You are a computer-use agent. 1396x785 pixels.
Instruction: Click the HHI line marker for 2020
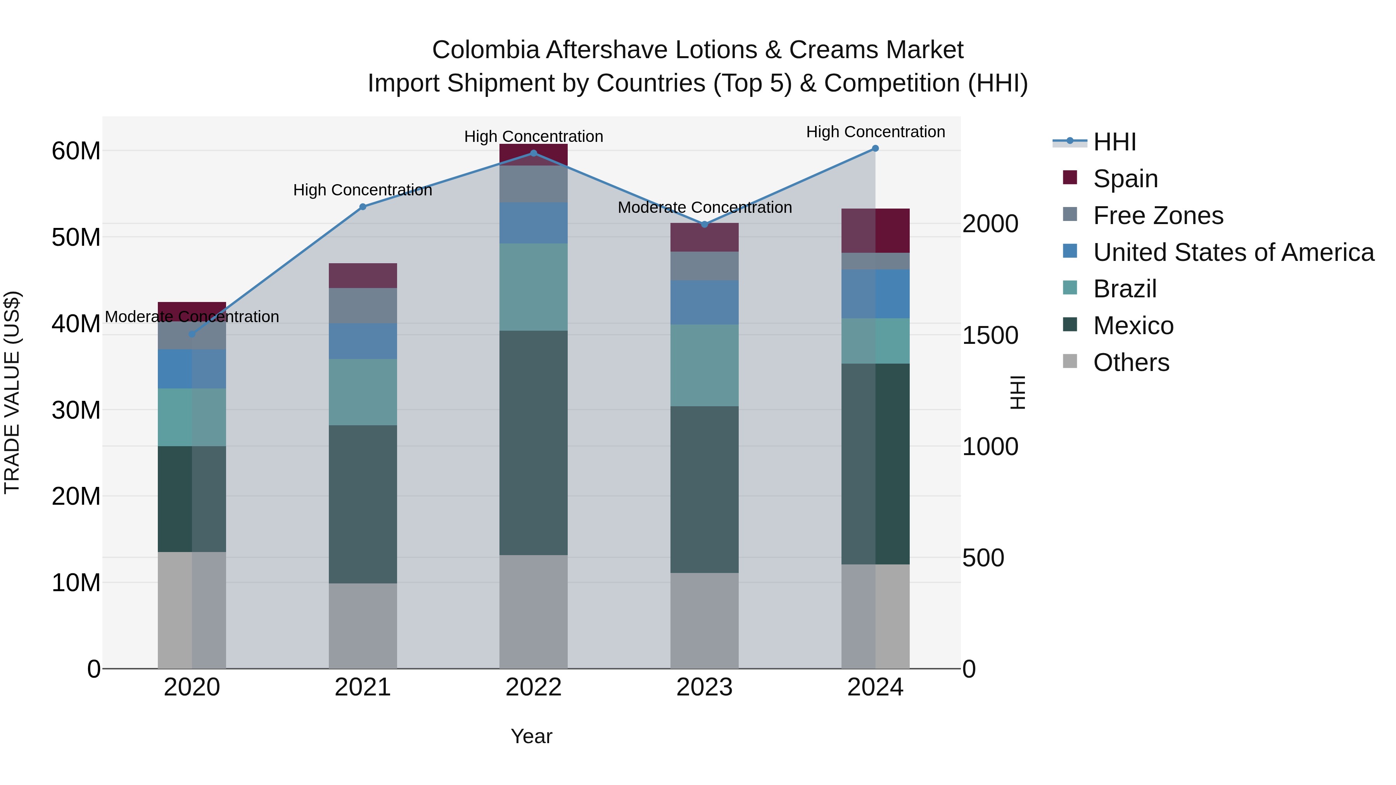192,334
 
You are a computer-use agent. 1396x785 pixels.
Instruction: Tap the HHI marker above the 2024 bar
875,148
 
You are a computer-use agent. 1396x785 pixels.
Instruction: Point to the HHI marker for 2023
705,224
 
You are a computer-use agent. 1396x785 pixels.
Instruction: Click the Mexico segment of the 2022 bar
533,443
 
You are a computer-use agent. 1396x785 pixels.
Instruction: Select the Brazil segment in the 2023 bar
705,366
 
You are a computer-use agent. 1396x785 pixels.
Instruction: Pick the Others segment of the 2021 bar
363,626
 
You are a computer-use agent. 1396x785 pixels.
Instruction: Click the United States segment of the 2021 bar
363,341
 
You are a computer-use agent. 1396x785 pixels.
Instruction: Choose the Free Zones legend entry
1158,216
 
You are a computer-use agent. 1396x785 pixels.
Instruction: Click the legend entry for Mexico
1133,326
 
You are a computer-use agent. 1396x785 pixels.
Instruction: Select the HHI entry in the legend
1114,142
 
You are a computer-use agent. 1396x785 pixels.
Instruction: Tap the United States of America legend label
1234,252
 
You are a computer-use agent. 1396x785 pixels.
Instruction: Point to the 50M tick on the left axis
76,237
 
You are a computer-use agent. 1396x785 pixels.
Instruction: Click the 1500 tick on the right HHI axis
990,335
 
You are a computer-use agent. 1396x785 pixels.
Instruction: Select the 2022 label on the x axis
533,687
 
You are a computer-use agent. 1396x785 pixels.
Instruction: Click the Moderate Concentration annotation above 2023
705,207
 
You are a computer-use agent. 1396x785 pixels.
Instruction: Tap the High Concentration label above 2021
363,190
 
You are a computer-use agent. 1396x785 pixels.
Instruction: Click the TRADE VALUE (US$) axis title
12,392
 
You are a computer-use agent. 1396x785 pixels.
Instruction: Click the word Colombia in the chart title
485,50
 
